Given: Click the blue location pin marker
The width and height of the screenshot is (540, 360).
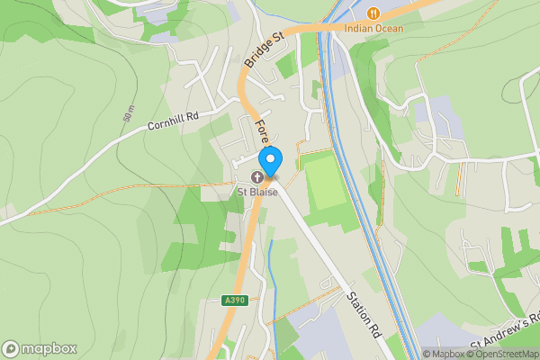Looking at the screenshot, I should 270,159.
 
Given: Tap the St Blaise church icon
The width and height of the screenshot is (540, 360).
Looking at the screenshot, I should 256,176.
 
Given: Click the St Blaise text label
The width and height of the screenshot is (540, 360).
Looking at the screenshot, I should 256,191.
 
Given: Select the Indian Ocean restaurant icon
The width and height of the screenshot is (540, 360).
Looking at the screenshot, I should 373,13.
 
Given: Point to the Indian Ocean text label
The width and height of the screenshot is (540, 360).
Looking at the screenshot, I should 373,28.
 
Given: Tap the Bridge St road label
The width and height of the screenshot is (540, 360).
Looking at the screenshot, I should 264,50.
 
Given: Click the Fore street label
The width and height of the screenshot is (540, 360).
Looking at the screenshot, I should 262,132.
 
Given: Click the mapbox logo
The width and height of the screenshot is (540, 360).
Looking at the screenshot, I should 40,348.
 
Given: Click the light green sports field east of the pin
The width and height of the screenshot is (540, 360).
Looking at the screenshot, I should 324,180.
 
